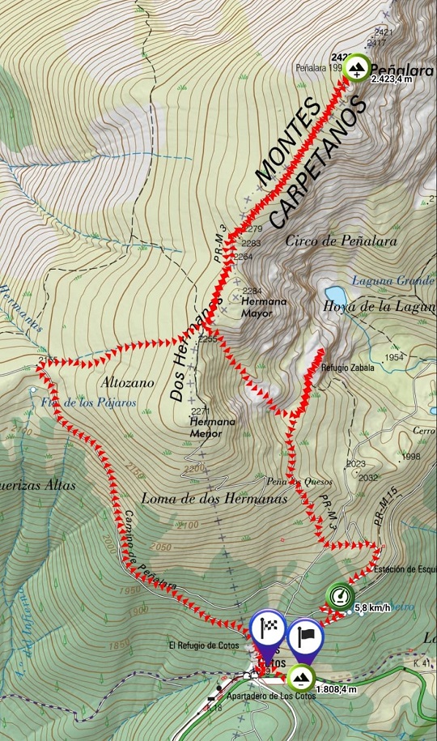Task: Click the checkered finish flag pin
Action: pos(267,628)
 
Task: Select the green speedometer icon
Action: pos(340,596)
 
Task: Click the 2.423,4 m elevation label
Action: pos(392,79)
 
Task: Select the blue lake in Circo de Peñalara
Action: pos(333,293)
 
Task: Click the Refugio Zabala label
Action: pos(345,367)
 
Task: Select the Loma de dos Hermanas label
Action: pos(214,499)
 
